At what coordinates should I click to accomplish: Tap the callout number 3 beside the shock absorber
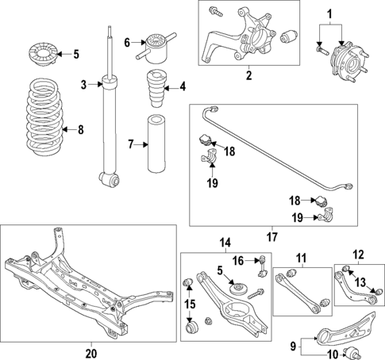click(x=83, y=84)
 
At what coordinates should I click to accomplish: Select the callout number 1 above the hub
click(x=330, y=13)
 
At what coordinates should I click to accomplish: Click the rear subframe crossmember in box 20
click(x=87, y=285)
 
